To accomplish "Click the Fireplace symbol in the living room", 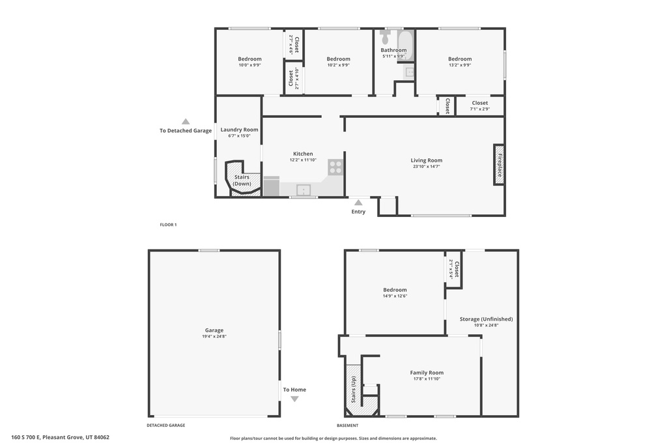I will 499,164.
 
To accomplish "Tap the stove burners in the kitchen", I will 335,167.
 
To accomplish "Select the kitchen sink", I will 304,190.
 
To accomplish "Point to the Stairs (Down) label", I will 242,180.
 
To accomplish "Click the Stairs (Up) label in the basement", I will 354,390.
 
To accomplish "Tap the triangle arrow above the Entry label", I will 358,203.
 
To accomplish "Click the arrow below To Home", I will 294,399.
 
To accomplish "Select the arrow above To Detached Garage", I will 186,121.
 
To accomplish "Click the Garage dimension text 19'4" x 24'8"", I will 214,337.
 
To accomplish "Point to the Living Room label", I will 426,160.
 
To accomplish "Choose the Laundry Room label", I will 239,130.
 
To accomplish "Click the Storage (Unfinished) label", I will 486,319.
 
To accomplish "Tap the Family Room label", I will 427,373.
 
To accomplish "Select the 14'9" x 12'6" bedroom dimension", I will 395,296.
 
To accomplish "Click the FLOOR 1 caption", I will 168,225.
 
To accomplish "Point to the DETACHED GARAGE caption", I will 165,425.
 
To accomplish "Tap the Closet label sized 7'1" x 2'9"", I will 480,103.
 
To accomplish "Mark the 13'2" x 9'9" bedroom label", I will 460,59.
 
